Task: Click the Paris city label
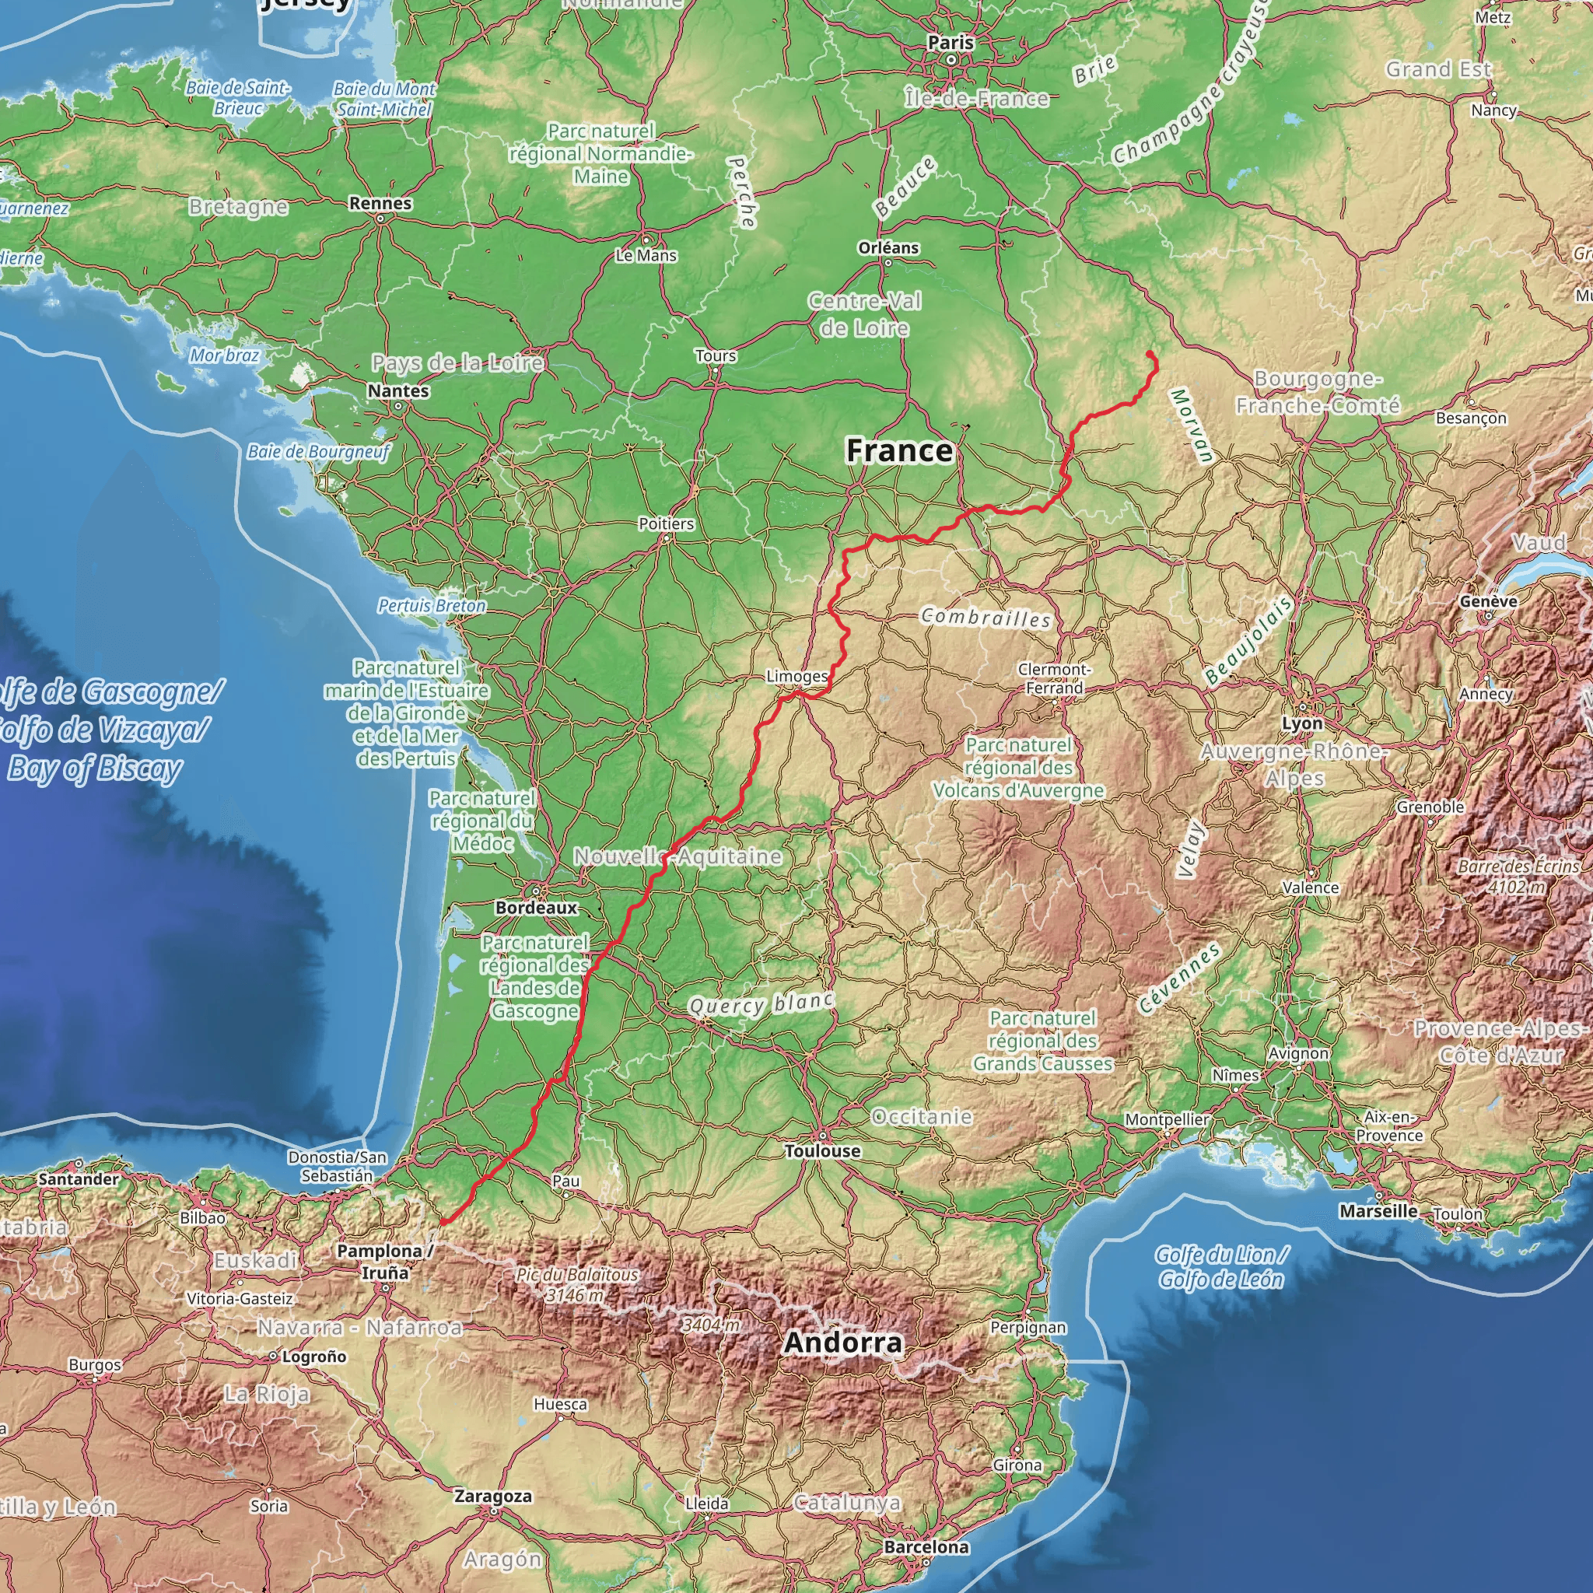point(951,42)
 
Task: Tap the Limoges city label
point(796,676)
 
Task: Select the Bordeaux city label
point(537,908)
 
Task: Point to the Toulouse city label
point(822,1151)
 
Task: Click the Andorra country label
point(842,1343)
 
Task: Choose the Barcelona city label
point(926,1547)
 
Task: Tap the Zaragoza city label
point(493,1497)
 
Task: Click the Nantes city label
point(398,390)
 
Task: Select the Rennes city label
point(380,203)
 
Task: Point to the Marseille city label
point(1378,1211)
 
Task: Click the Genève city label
point(1488,601)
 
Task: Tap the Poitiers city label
point(667,523)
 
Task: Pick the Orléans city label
point(888,247)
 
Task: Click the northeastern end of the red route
point(1150,354)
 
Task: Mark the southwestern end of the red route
point(443,1222)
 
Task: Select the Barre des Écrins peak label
point(1518,877)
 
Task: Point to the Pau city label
point(565,1181)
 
